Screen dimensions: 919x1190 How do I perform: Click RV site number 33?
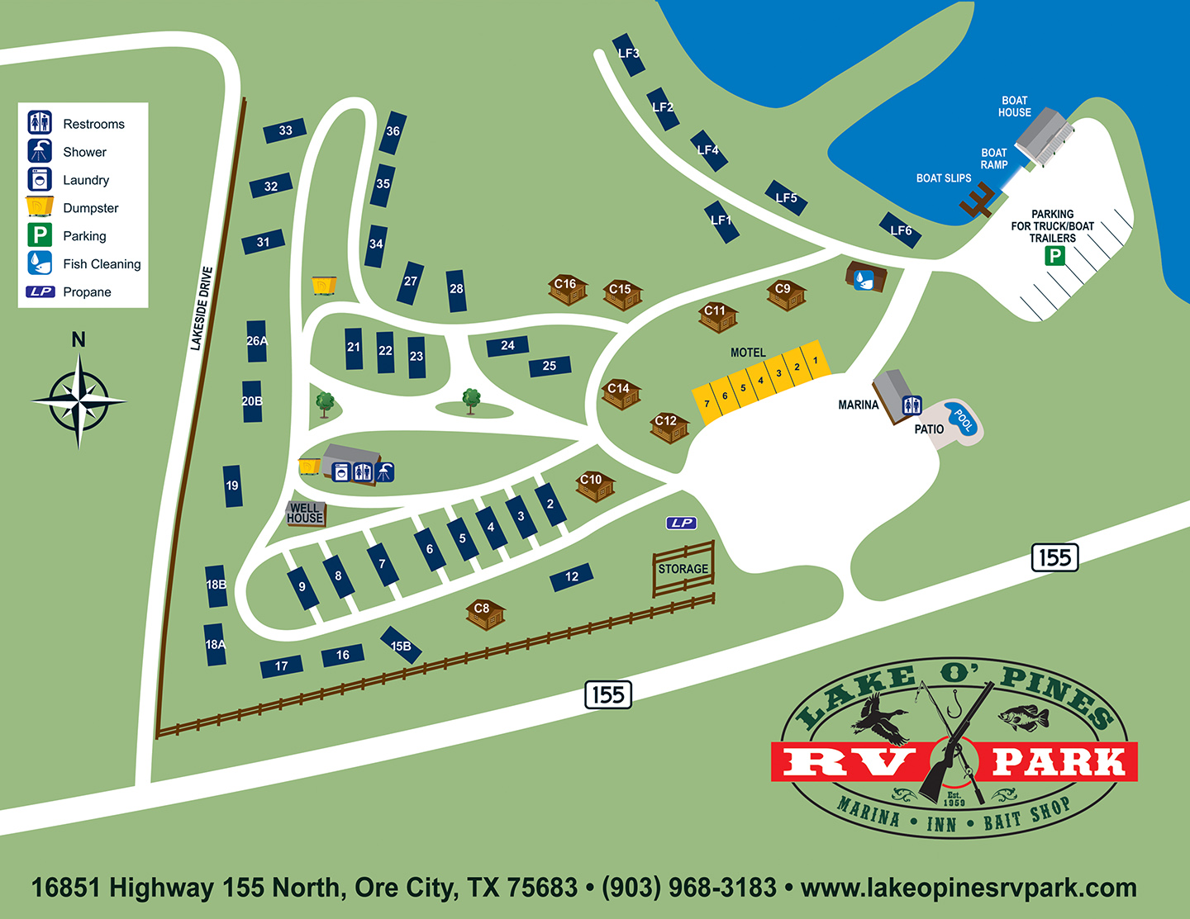point(285,130)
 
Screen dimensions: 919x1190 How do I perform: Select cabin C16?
point(567,288)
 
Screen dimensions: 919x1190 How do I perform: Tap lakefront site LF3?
point(629,54)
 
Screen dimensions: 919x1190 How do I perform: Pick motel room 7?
point(707,404)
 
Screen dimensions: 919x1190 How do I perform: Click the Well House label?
point(305,514)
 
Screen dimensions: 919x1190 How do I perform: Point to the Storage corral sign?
point(683,569)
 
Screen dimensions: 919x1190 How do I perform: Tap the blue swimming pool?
point(963,419)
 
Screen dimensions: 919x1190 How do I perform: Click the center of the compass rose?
point(79,401)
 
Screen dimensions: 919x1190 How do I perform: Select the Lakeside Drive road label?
point(202,308)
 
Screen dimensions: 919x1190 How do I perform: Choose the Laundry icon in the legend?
point(40,180)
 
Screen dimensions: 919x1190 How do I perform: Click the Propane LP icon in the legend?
point(40,291)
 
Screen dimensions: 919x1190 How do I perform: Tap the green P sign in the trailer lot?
point(1054,256)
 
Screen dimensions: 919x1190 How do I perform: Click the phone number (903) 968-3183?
point(689,888)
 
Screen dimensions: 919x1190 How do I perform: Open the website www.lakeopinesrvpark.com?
point(969,888)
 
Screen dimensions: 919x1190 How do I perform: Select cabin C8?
point(484,613)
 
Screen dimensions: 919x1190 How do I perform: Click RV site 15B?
point(401,645)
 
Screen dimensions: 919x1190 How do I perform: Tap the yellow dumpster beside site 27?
point(324,285)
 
